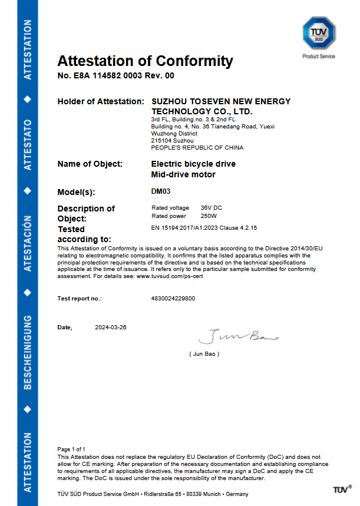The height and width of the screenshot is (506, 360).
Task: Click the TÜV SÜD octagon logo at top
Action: point(319,34)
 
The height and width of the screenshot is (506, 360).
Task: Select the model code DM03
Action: point(161,191)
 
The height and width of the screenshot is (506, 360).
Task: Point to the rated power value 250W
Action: point(209,216)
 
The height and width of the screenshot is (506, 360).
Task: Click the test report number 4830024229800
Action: point(173,299)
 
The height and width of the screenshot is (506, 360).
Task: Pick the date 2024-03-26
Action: point(111,327)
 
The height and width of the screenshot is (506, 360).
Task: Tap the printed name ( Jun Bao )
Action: point(204,353)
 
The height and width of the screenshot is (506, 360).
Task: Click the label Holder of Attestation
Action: point(100,102)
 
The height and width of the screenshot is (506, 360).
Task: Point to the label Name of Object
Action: point(90,164)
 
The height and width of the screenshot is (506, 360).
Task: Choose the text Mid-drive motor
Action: point(183,174)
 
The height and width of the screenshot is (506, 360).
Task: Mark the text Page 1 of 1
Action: point(71,449)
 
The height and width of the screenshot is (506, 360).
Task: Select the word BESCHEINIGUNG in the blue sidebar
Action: point(27,352)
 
